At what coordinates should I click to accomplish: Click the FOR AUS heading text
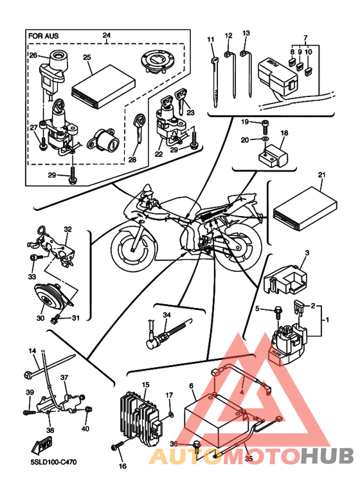tap(44, 35)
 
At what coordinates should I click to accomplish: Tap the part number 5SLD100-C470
tap(51, 462)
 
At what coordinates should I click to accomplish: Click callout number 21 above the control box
tap(321, 175)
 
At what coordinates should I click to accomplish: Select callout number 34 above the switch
tap(166, 315)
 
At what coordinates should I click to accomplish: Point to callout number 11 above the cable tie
tap(211, 40)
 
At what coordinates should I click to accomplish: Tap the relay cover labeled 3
tap(285, 279)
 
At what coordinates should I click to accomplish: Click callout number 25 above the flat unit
tap(87, 57)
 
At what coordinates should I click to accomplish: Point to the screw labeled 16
tap(116, 446)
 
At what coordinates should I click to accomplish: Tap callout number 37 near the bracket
tap(64, 377)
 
